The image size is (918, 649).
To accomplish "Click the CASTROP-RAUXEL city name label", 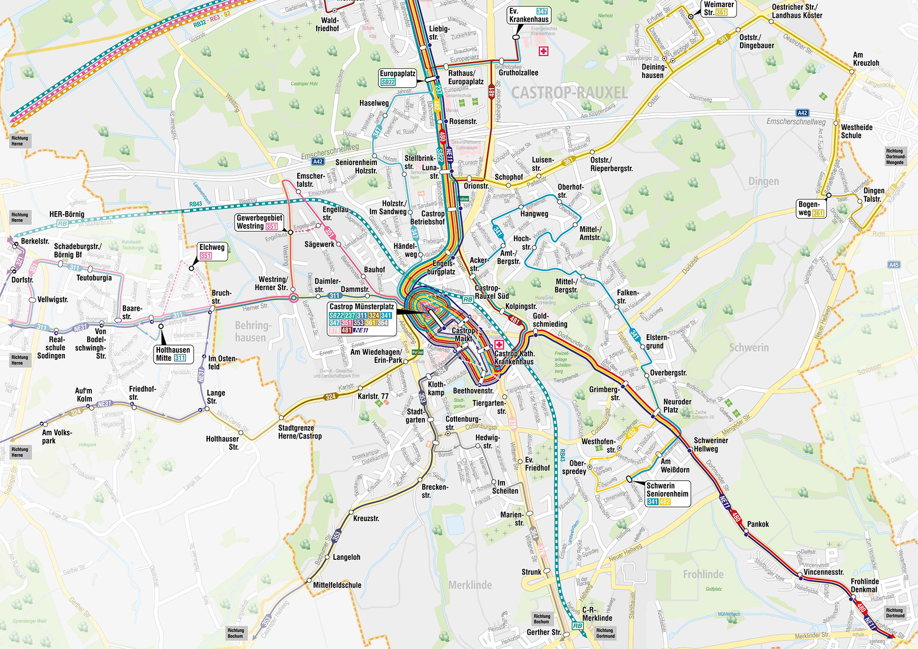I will point(569,93).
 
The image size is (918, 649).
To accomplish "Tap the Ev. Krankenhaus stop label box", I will point(529,15).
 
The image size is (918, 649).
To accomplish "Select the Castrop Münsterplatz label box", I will point(362,318).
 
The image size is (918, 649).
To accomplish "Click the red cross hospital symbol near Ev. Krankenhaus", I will point(544,51).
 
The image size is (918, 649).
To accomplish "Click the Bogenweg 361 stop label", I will point(811,209).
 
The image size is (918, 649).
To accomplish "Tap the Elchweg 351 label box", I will point(212,251).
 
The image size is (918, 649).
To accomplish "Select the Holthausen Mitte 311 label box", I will point(173,354).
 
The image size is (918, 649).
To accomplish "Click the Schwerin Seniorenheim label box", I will point(667,494).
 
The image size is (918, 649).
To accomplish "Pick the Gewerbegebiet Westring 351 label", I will point(259,222).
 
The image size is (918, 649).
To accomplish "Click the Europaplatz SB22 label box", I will point(397,77).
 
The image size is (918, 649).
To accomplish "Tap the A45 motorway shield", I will point(894,265).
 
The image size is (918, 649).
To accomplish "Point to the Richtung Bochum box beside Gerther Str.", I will point(542,618).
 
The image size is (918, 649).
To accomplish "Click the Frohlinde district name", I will point(703,575).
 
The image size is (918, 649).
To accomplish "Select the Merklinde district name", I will point(470,585).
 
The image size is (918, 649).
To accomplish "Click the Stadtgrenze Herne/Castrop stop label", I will point(300,432).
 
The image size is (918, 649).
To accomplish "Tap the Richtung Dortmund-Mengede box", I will point(895,157).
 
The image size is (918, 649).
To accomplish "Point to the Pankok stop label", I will point(757,524).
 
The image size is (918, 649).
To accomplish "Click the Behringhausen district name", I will point(250,331).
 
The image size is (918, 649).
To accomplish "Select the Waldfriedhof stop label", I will point(328,24).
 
